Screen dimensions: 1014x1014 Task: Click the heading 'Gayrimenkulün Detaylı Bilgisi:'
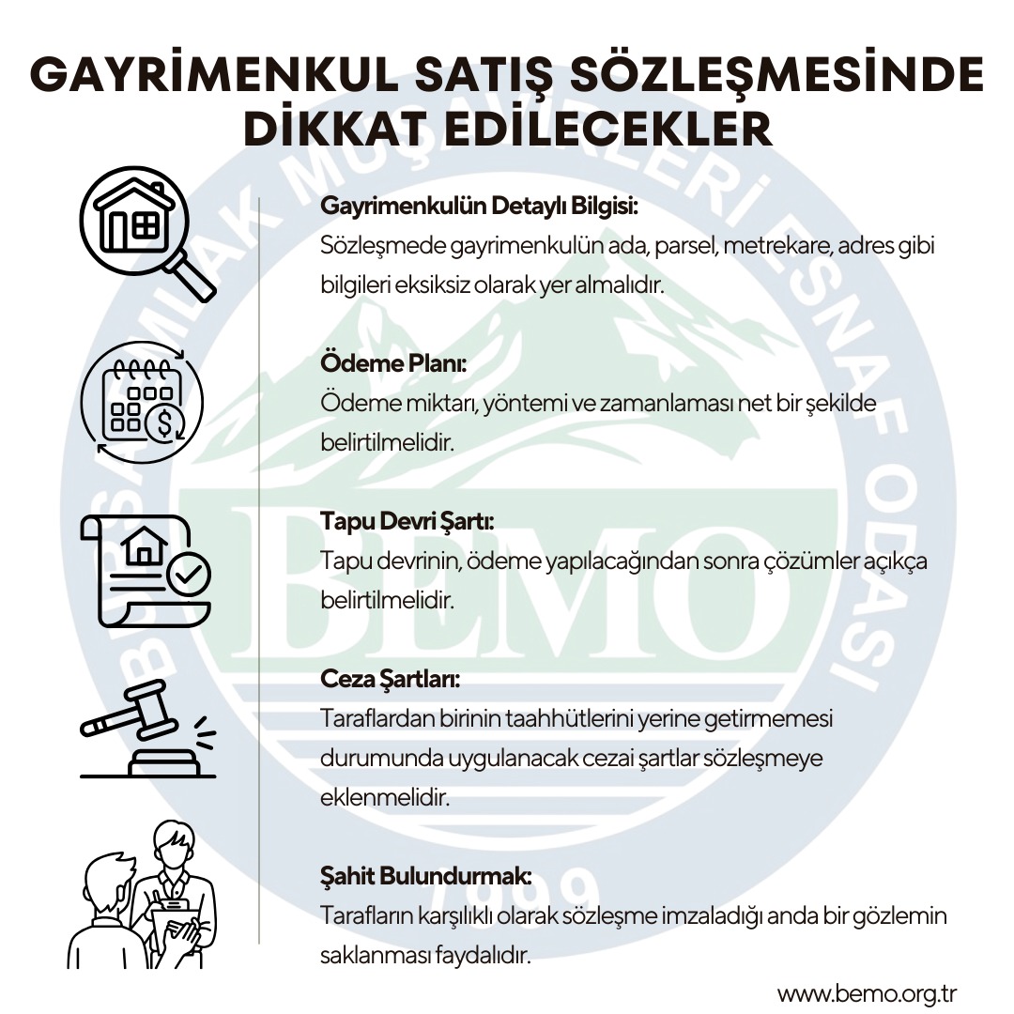[x=479, y=205]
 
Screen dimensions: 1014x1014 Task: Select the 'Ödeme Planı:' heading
[x=393, y=362]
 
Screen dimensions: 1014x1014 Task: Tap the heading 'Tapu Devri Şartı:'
[x=407, y=521]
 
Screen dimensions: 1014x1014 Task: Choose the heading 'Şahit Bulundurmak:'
[x=426, y=877]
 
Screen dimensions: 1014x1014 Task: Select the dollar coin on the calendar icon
[x=165, y=423]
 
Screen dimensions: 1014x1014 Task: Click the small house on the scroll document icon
[x=146, y=545]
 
